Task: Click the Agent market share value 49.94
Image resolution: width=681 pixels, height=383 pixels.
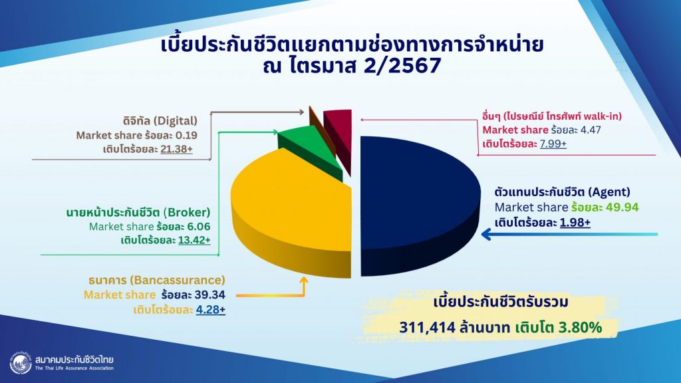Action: click(622, 207)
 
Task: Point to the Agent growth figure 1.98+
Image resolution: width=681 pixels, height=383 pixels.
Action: click(575, 222)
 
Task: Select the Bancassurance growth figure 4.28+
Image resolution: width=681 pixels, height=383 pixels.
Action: click(211, 310)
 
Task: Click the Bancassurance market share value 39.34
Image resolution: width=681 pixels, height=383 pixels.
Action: click(209, 295)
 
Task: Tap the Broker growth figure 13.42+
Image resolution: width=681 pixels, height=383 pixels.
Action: click(194, 240)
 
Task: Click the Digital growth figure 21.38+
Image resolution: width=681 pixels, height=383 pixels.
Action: click(176, 149)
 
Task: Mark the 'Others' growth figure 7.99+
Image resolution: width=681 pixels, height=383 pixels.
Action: click(553, 144)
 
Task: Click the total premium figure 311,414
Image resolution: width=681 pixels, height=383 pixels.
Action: click(427, 327)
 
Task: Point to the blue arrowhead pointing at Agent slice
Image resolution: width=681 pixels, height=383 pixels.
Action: click(487, 235)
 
